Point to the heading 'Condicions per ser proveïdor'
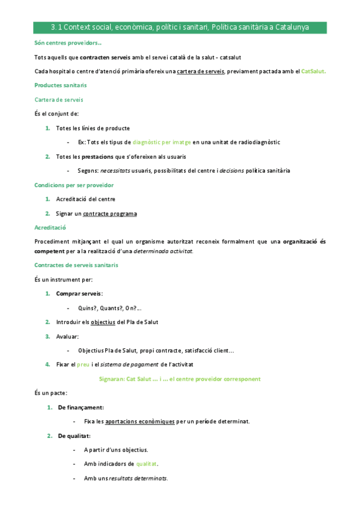(x=75, y=185)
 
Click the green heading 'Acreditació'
(x=50, y=227)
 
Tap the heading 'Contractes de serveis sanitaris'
(x=77, y=265)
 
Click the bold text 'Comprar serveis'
(x=79, y=293)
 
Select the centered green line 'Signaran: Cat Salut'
(x=179, y=379)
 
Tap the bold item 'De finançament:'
(x=81, y=407)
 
